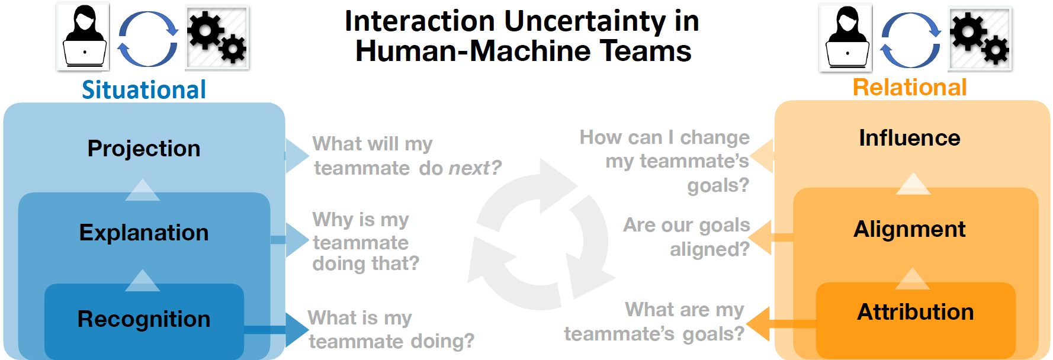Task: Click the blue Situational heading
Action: pos(144,90)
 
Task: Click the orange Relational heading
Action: pos(910,88)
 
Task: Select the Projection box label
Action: pos(144,149)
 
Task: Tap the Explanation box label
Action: pos(144,233)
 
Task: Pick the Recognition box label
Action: pos(144,319)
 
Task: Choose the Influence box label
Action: pos(910,138)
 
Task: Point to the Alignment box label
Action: pos(910,229)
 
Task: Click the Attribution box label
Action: pos(916,312)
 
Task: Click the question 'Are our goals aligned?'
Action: pos(687,237)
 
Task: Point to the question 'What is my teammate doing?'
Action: pos(391,329)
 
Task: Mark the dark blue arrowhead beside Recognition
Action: pos(296,330)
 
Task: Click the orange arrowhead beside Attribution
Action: pos(759,324)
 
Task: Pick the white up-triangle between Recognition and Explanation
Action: pos(143,281)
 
